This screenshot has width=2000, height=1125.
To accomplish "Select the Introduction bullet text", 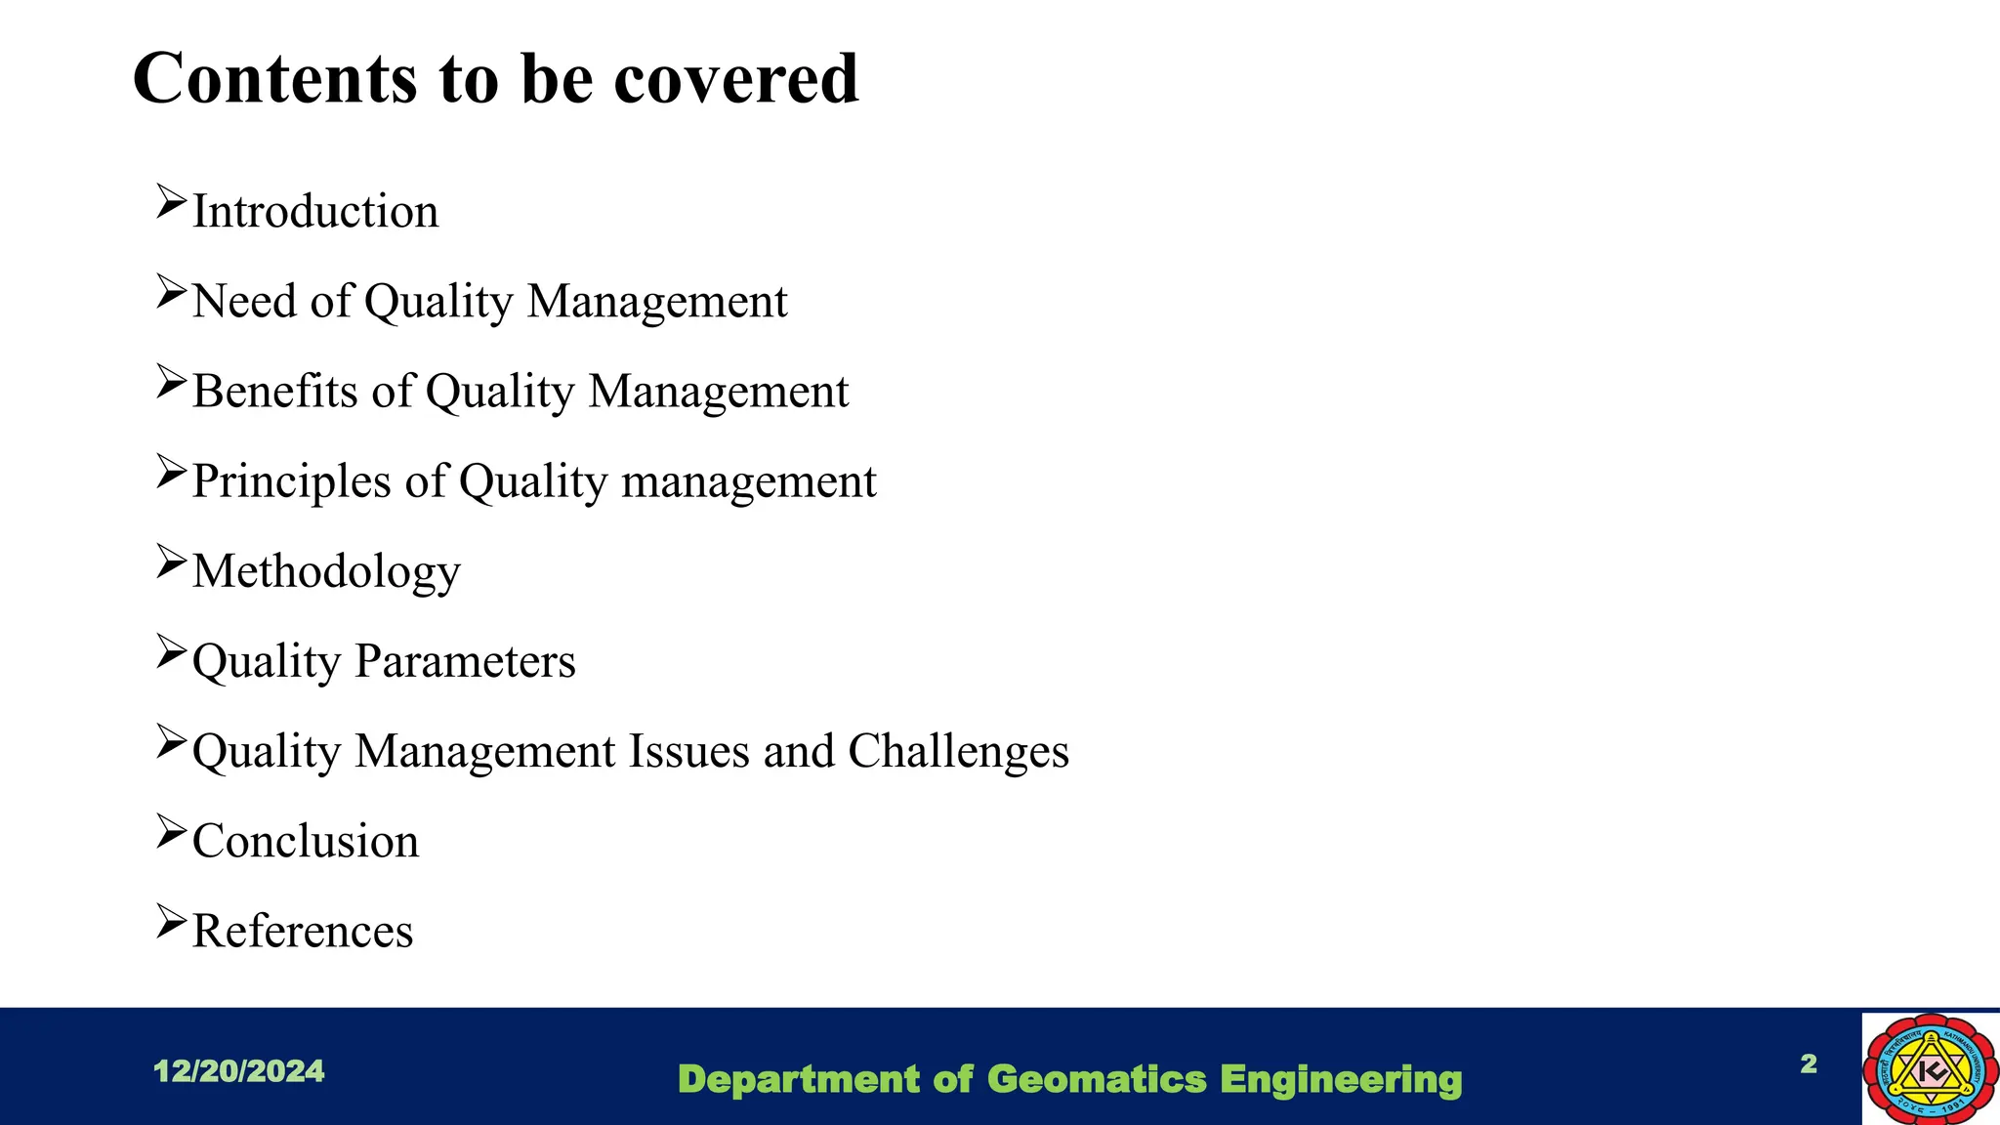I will click(315, 212).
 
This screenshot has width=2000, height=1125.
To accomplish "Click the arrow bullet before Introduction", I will click(171, 202).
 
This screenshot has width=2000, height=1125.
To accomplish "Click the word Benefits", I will click(275, 392).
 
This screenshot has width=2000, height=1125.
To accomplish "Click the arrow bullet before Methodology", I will click(171, 562).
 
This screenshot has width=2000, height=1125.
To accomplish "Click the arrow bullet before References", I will click(171, 922).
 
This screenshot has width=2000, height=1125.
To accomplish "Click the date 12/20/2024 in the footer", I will click(239, 1071).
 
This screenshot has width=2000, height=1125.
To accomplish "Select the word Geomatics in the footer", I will click(1097, 1079).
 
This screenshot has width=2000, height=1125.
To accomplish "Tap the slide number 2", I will click(1809, 1063).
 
